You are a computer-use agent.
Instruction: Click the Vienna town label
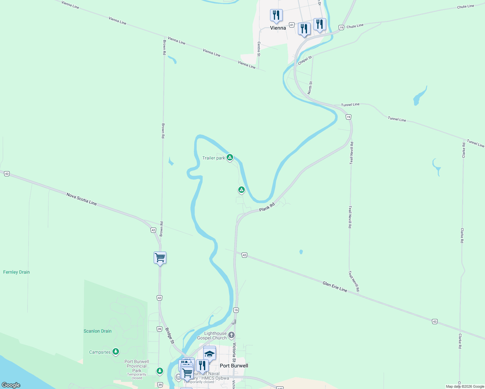point(278,28)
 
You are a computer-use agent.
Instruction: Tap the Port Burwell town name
point(234,366)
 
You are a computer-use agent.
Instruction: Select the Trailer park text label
point(213,158)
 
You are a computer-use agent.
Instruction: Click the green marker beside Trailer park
point(230,158)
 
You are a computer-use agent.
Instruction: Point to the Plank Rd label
point(267,207)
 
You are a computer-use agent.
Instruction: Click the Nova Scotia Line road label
point(81,199)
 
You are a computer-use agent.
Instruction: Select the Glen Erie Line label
point(335,287)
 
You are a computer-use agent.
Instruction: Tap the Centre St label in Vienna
point(259,49)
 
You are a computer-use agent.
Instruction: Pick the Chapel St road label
point(305,60)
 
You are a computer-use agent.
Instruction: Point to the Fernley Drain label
point(17,272)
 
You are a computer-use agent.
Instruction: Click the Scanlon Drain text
point(98,331)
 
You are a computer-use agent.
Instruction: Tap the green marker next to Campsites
point(115,352)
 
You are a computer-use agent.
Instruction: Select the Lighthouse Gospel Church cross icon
point(231,335)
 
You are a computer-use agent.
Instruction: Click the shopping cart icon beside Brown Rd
point(160,258)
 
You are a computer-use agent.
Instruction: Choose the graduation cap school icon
point(209,353)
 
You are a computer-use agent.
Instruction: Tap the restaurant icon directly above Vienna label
point(276,15)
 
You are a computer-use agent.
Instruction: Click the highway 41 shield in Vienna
point(292,25)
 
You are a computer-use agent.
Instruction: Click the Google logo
point(11,385)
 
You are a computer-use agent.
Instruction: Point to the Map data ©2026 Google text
point(465,386)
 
